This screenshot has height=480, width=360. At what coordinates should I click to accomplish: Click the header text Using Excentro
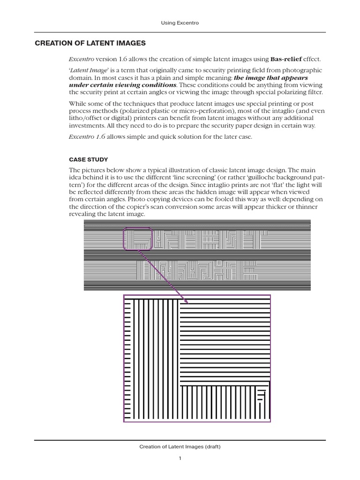[x=180, y=22]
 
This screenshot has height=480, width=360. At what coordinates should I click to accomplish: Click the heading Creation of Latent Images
[x=90, y=43]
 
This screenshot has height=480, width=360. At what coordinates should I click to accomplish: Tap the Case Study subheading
[x=89, y=159]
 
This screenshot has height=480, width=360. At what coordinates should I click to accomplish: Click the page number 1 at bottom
[x=180, y=458]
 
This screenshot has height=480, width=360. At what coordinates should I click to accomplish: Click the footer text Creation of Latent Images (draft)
[x=180, y=447]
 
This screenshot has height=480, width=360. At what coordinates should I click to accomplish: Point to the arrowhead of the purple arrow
[x=185, y=300]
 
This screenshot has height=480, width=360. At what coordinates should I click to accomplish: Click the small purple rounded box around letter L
[x=138, y=238]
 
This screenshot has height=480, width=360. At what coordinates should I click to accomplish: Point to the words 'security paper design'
[x=249, y=126]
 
